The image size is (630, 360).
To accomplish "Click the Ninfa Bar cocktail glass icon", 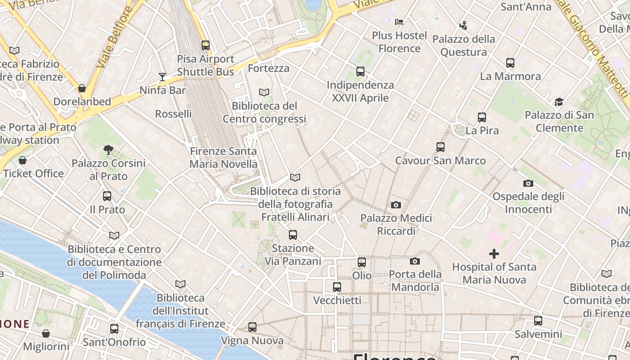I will pyautogui.click(x=162, y=77).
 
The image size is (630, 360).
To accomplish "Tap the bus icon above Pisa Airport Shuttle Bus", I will pyautogui.click(x=206, y=45).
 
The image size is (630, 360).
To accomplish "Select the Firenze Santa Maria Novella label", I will pyautogui.click(x=223, y=157).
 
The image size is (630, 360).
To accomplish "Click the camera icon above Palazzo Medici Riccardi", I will pyautogui.click(x=396, y=205).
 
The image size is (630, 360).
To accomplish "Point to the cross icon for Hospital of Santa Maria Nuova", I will pyautogui.click(x=494, y=254).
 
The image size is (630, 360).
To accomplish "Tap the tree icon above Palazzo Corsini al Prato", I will pyautogui.click(x=108, y=150).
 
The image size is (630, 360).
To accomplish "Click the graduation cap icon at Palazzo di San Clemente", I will pyautogui.click(x=559, y=102).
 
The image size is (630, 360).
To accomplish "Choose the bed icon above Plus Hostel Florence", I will pyautogui.click(x=399, y=22).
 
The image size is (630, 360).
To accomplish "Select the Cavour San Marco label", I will pyautogui.click(x=440, y=161).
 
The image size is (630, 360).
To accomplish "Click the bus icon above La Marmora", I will pyautogui.click(x=510, y=63).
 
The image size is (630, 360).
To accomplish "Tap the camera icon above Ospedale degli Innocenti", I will pyautogui.click(x=528, y=184).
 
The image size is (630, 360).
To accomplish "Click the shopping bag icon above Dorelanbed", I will pyautogui.click(x=82, y=88).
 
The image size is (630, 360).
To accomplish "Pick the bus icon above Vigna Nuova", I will pyautogui.click(x=252, y=327).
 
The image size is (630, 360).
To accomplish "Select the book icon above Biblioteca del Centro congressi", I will pyautogui.click(x=264, y=93).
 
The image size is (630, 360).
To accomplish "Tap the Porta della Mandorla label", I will pyautogui.click(x=414, y=280).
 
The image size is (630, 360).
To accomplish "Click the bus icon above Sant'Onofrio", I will pyautogui.click(x=114, y=329).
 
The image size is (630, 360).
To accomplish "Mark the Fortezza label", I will pyautogui.click(x=269, y=68).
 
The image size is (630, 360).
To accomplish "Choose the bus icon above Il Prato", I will pyautogui.click(x=107, y=196).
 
